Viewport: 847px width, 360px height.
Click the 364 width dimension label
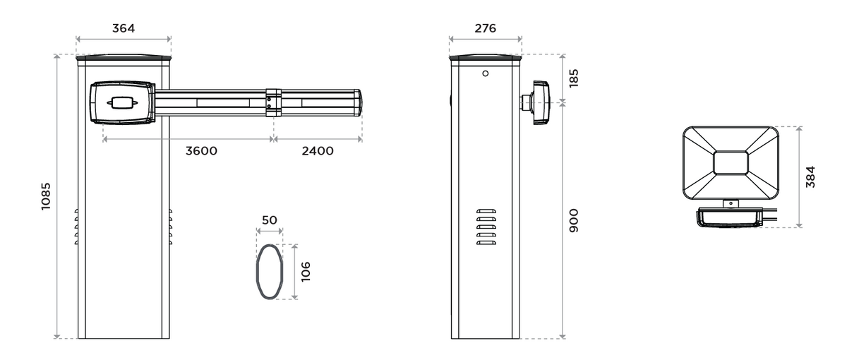[124, 28]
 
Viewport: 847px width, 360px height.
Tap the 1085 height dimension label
[46, 196]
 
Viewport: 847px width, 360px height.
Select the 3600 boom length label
[201, 151]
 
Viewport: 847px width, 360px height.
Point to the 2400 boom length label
[318, 151]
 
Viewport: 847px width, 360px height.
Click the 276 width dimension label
[485, 28]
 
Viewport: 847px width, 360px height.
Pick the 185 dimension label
[574, 78]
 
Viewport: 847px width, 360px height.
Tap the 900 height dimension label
[574, 220]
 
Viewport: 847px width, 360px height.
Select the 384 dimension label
[810, 176]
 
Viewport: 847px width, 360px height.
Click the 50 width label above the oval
[269, 220]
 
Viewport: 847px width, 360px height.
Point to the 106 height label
[306, 272]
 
